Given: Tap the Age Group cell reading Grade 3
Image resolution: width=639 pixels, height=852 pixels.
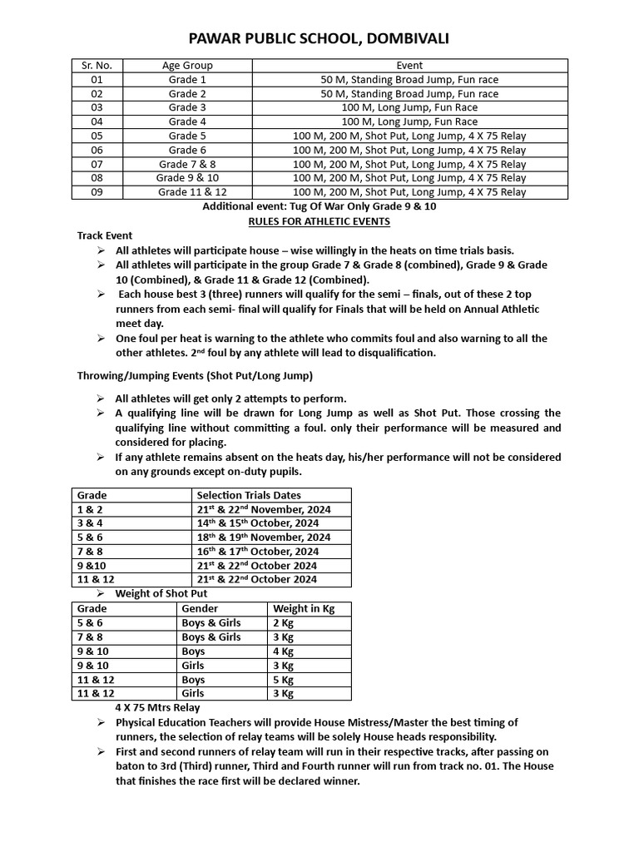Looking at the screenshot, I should pos(187,107).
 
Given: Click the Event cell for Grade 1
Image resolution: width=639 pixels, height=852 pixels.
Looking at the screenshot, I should pos(409,79).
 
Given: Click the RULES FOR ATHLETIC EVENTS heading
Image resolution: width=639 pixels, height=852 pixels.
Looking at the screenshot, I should pos(319,220).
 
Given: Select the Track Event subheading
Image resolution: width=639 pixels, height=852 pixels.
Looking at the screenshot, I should pos(105,235).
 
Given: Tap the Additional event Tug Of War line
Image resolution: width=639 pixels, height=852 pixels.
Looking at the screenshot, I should pos(319,206).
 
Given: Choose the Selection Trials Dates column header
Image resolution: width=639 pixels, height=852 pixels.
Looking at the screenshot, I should pos(249,495).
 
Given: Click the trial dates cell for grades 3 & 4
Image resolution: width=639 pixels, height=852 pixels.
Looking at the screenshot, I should pos(257,523).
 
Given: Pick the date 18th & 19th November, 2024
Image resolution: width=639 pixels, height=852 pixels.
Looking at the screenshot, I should pos(263,537).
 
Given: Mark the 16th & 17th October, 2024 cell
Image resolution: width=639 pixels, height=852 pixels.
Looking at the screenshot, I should pos(257,552).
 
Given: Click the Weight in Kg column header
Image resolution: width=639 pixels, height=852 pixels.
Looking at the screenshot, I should pos(304,609).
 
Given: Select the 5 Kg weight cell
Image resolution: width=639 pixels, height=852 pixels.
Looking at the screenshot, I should pos(284,680).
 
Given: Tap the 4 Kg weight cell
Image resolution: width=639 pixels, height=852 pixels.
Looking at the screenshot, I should pos(284,651).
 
